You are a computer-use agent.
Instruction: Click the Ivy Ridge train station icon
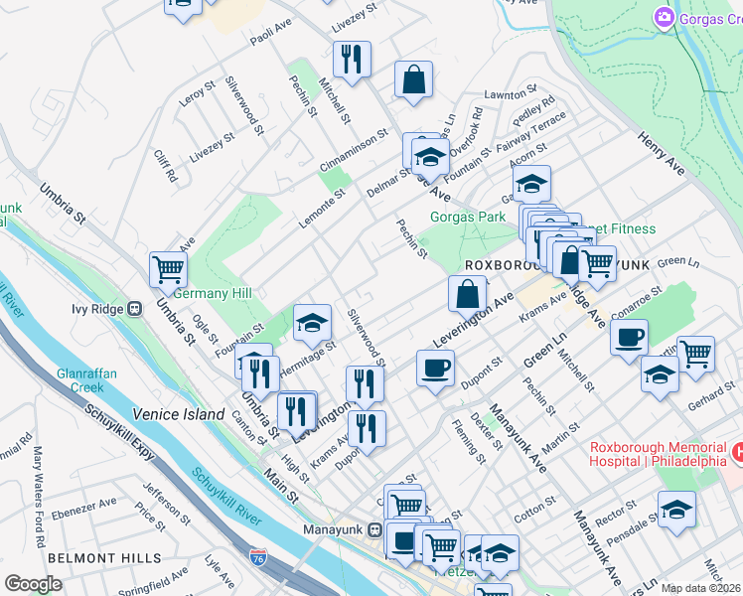[x=134, y=308]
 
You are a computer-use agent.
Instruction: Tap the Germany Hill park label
[x=213, y=293]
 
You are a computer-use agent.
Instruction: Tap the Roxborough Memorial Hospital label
[x=658, y=454]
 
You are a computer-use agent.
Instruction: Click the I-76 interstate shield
[x=258, y=558]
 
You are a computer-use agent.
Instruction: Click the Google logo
[x=33, y=584]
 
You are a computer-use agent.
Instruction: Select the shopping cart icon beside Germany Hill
[x=168, y=269]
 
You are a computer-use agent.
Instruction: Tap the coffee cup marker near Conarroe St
[x=629, y=337]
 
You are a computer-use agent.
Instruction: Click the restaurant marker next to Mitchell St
[x=352, y=61]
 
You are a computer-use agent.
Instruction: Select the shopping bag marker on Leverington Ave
[x=467, y=294]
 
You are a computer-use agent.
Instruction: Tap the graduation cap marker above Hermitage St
[x=312, y=322]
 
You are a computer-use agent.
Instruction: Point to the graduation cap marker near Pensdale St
[x=676, y=509]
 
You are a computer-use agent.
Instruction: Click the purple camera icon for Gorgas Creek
[x=663, y=17]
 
